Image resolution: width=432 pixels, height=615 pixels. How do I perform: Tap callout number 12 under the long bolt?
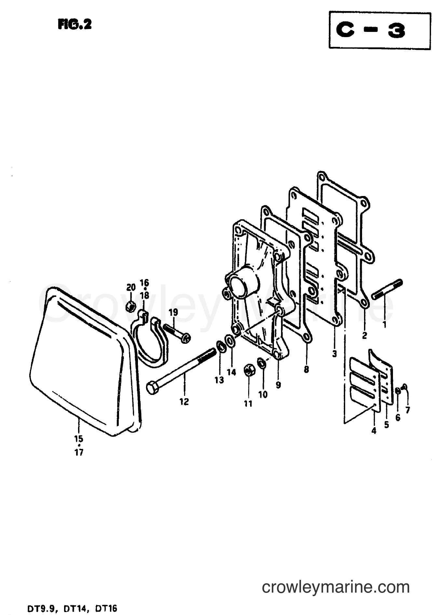pyautogui.click(x=184, y=402)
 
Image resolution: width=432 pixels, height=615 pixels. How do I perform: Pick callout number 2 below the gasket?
pyautogui.click(x=364, y=335)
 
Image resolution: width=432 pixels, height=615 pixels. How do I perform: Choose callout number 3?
pyautogui.click(x=334, y=353)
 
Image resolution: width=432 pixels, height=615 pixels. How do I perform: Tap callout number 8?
pyautogui.click(x=306, y=370)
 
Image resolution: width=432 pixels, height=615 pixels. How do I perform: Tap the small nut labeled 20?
pyautogui.click(x=130, y=306)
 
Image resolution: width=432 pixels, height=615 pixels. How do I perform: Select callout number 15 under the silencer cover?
pyautogui.click(x=79, y=438)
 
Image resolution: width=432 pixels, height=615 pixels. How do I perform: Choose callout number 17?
pyautogui.click(x=79, y=452)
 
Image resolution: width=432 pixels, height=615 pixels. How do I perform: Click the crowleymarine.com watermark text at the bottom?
pyautogui.click(x=336, y=588)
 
